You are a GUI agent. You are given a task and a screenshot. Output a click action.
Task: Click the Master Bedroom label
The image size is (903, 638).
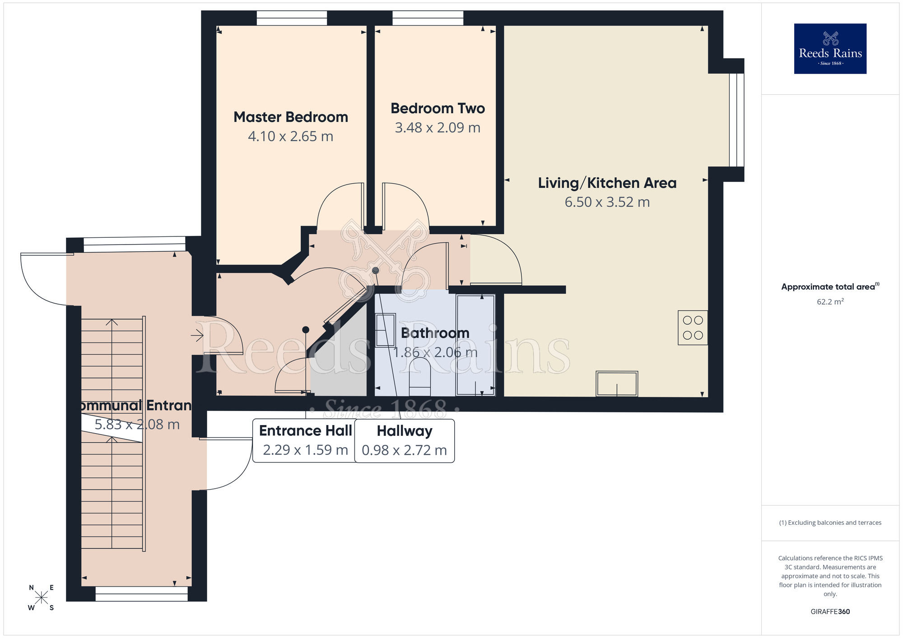click(291, 117)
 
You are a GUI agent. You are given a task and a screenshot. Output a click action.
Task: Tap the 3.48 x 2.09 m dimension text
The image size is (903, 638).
click(438, 128)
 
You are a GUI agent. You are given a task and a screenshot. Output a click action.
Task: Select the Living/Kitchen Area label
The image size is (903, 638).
click(607, 183)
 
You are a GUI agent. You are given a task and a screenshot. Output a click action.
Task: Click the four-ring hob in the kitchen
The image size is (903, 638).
click(693, 328)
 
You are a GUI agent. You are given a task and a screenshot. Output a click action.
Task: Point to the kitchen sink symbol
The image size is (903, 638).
click(617, 384)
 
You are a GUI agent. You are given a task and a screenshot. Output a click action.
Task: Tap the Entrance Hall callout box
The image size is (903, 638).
click(305, 440)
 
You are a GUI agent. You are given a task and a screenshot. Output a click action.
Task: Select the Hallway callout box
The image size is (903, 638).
click(404, 440)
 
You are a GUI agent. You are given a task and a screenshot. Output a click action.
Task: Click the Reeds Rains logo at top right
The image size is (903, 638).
click(830, 49)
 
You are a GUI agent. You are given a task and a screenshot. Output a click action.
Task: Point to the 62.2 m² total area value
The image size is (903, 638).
click(830, 302)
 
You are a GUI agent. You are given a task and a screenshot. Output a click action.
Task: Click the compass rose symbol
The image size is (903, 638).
click(41, 598)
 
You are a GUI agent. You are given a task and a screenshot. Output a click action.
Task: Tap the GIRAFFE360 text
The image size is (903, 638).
click(830, 612)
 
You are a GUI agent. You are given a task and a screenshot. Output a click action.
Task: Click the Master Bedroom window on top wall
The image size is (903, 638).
click(292, 18)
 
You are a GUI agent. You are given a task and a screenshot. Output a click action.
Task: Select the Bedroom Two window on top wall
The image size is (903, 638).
click(428, 18)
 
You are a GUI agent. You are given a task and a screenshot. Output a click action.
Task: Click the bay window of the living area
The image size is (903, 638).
click(736, 120)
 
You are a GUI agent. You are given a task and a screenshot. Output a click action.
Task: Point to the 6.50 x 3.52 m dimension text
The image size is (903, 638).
click(607, 202)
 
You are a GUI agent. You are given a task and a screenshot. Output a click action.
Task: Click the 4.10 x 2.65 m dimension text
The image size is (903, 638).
click(290, 136)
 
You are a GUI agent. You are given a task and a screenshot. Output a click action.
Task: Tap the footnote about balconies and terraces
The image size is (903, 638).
click(830, 523)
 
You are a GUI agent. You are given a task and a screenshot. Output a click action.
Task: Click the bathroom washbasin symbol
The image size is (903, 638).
click(385, 330)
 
